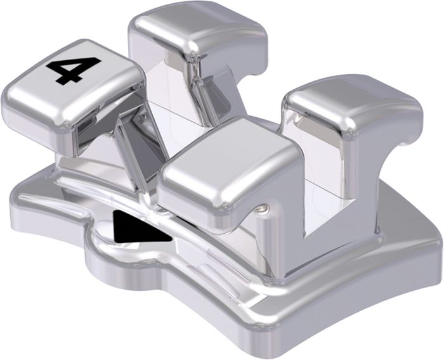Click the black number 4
pos(72,70)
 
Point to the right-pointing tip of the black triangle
pos(172,239)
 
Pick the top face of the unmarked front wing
pos(226,158)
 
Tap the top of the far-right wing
pos(351,99)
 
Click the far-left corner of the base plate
pos(11,198)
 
